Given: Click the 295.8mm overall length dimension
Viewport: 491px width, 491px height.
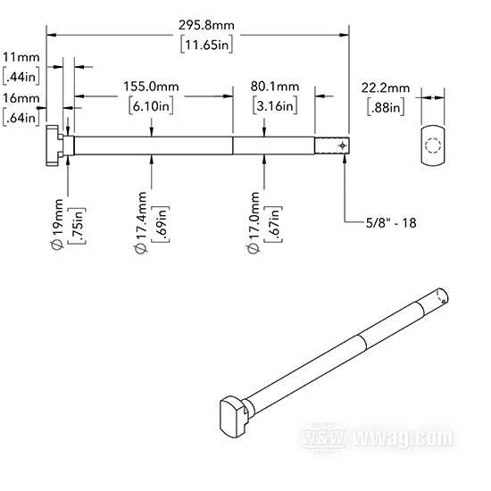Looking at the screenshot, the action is coord(206,25).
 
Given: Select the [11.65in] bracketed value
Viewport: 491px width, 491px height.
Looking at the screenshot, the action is coord(207,45).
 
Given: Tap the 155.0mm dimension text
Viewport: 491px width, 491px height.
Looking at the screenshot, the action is coord(151,87).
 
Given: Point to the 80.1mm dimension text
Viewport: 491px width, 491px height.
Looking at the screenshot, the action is coord(275,87).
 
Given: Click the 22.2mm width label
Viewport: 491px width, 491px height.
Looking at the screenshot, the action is coord(386,88).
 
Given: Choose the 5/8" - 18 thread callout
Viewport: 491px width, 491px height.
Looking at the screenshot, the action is coord(391,223).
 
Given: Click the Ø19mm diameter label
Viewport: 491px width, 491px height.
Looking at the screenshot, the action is coord(58,224).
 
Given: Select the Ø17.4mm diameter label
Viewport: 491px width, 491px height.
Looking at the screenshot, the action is coord(141,222).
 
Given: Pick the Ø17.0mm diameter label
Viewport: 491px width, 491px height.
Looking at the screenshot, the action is coord(254,222).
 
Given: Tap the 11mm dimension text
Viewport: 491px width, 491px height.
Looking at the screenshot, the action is coord(21,57).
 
